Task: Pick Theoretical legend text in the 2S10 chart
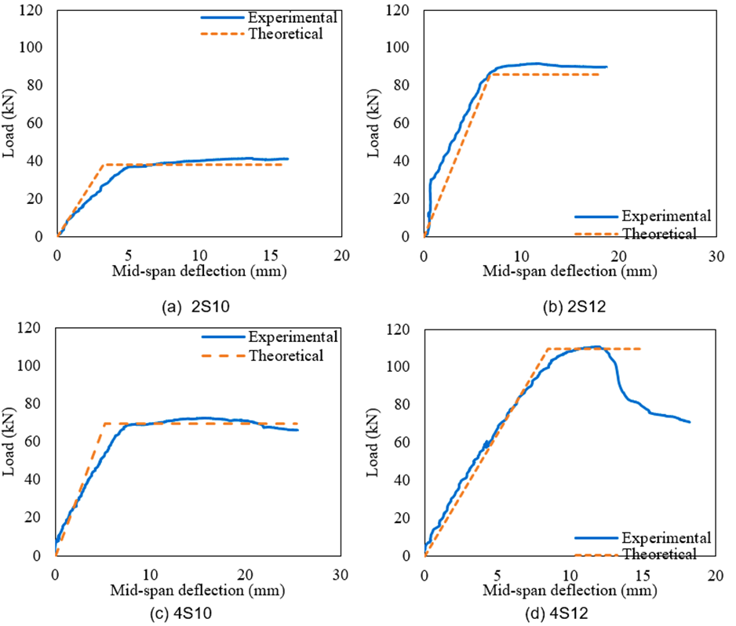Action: pyautogui.click(x=286, y=34)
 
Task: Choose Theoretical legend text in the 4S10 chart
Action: pyautogui.click(x=286, y=356)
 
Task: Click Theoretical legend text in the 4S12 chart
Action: pyautogui.click(x=660, y=555)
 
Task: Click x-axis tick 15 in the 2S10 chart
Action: pyautogui.click(x=270, y=256)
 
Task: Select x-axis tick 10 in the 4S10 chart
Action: pyautogui.click(x=150, y=574)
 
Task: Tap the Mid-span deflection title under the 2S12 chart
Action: pyautogui.click(x=570, y=271)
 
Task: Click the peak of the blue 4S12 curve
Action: pyautogui.click(x=596, y=346)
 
